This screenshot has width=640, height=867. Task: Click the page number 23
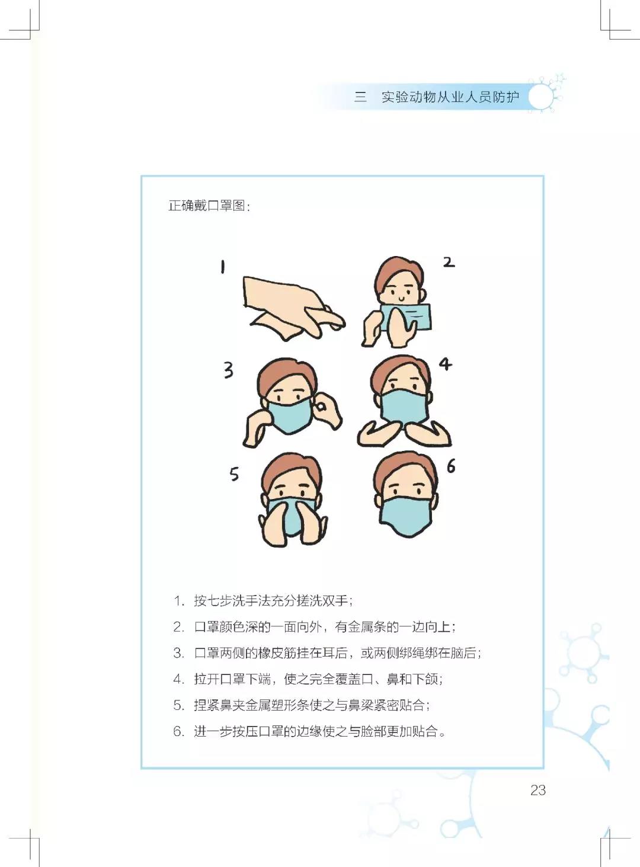click(537, 790)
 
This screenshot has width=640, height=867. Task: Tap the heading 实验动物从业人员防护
click(450, 97)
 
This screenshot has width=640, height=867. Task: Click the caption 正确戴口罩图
click(209, 206)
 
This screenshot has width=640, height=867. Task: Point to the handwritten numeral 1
click(223, 267)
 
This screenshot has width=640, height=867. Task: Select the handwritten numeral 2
click(449, 262)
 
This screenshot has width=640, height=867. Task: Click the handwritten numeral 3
click(228, 370)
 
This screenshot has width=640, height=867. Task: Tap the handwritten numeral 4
click(445, 363)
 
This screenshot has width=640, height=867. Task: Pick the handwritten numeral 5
click(234, 474)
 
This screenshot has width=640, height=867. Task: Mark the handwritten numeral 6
click(451, 466)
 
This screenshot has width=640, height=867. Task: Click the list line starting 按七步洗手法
click(273, 601)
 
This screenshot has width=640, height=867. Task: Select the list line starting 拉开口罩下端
click(318, 679)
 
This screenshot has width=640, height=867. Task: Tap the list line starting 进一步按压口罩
click(320, 731)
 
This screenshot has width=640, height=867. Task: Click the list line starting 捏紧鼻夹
click(312, 705)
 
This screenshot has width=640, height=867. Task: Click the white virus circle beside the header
click(540, 97)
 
